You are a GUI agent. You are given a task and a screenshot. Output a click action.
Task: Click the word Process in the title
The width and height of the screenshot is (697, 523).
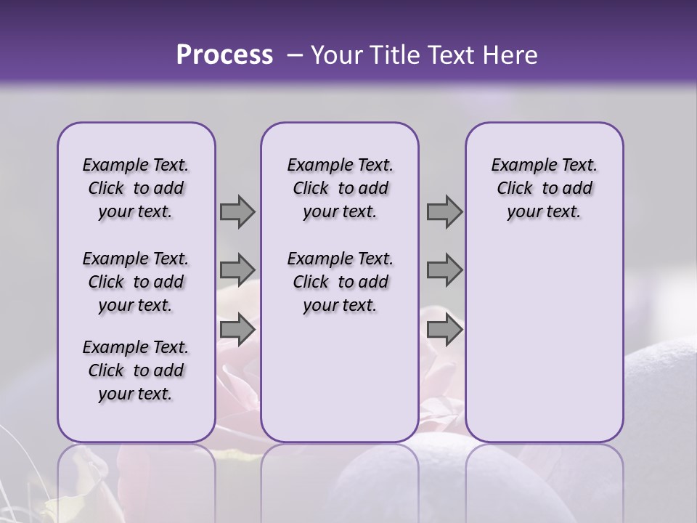(224, 54)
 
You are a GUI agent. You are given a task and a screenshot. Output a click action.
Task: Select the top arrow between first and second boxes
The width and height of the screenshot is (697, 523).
(237, 212)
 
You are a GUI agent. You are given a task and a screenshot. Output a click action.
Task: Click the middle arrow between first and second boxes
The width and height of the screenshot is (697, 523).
(237, 269)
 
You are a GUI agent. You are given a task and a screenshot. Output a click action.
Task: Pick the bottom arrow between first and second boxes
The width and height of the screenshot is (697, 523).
(237, 330)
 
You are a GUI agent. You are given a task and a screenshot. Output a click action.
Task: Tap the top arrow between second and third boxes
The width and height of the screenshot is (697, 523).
(444, 212)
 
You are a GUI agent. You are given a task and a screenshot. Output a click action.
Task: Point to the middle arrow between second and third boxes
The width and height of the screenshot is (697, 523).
(444, 269)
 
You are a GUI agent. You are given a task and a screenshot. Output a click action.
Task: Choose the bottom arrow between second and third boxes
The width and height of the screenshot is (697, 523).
(444, 330)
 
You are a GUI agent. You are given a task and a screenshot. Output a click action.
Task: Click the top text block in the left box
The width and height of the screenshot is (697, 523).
(136, 188)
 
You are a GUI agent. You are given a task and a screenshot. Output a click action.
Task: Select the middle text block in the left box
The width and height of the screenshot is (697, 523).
(136, 282)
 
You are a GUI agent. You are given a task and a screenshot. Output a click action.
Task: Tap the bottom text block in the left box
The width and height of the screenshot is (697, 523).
(136, 370)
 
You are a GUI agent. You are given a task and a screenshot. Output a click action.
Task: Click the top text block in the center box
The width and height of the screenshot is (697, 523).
(340, 188)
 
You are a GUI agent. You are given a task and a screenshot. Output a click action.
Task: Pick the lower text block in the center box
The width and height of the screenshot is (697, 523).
(340, 282)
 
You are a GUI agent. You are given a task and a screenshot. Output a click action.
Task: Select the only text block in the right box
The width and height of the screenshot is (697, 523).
(544, 188)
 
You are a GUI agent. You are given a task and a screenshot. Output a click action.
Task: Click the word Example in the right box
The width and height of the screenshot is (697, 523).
(518, 166)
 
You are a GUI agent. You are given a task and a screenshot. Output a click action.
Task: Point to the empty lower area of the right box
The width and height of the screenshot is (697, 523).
(544, 341)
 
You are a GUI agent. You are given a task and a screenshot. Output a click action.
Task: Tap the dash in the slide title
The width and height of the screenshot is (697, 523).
(294, 55)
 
